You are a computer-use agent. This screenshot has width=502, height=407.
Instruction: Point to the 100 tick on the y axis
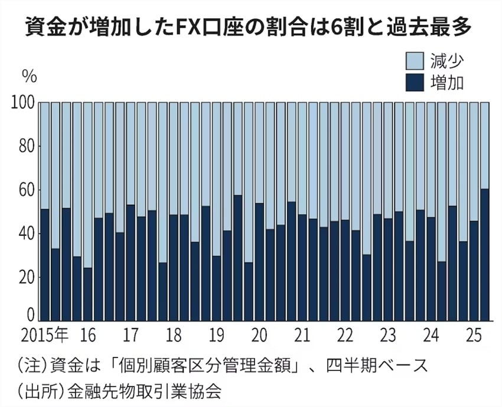(22, 103)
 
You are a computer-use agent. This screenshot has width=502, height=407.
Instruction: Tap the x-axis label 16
(87, 336)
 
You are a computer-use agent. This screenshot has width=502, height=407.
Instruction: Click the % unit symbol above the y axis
(29, 76)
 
